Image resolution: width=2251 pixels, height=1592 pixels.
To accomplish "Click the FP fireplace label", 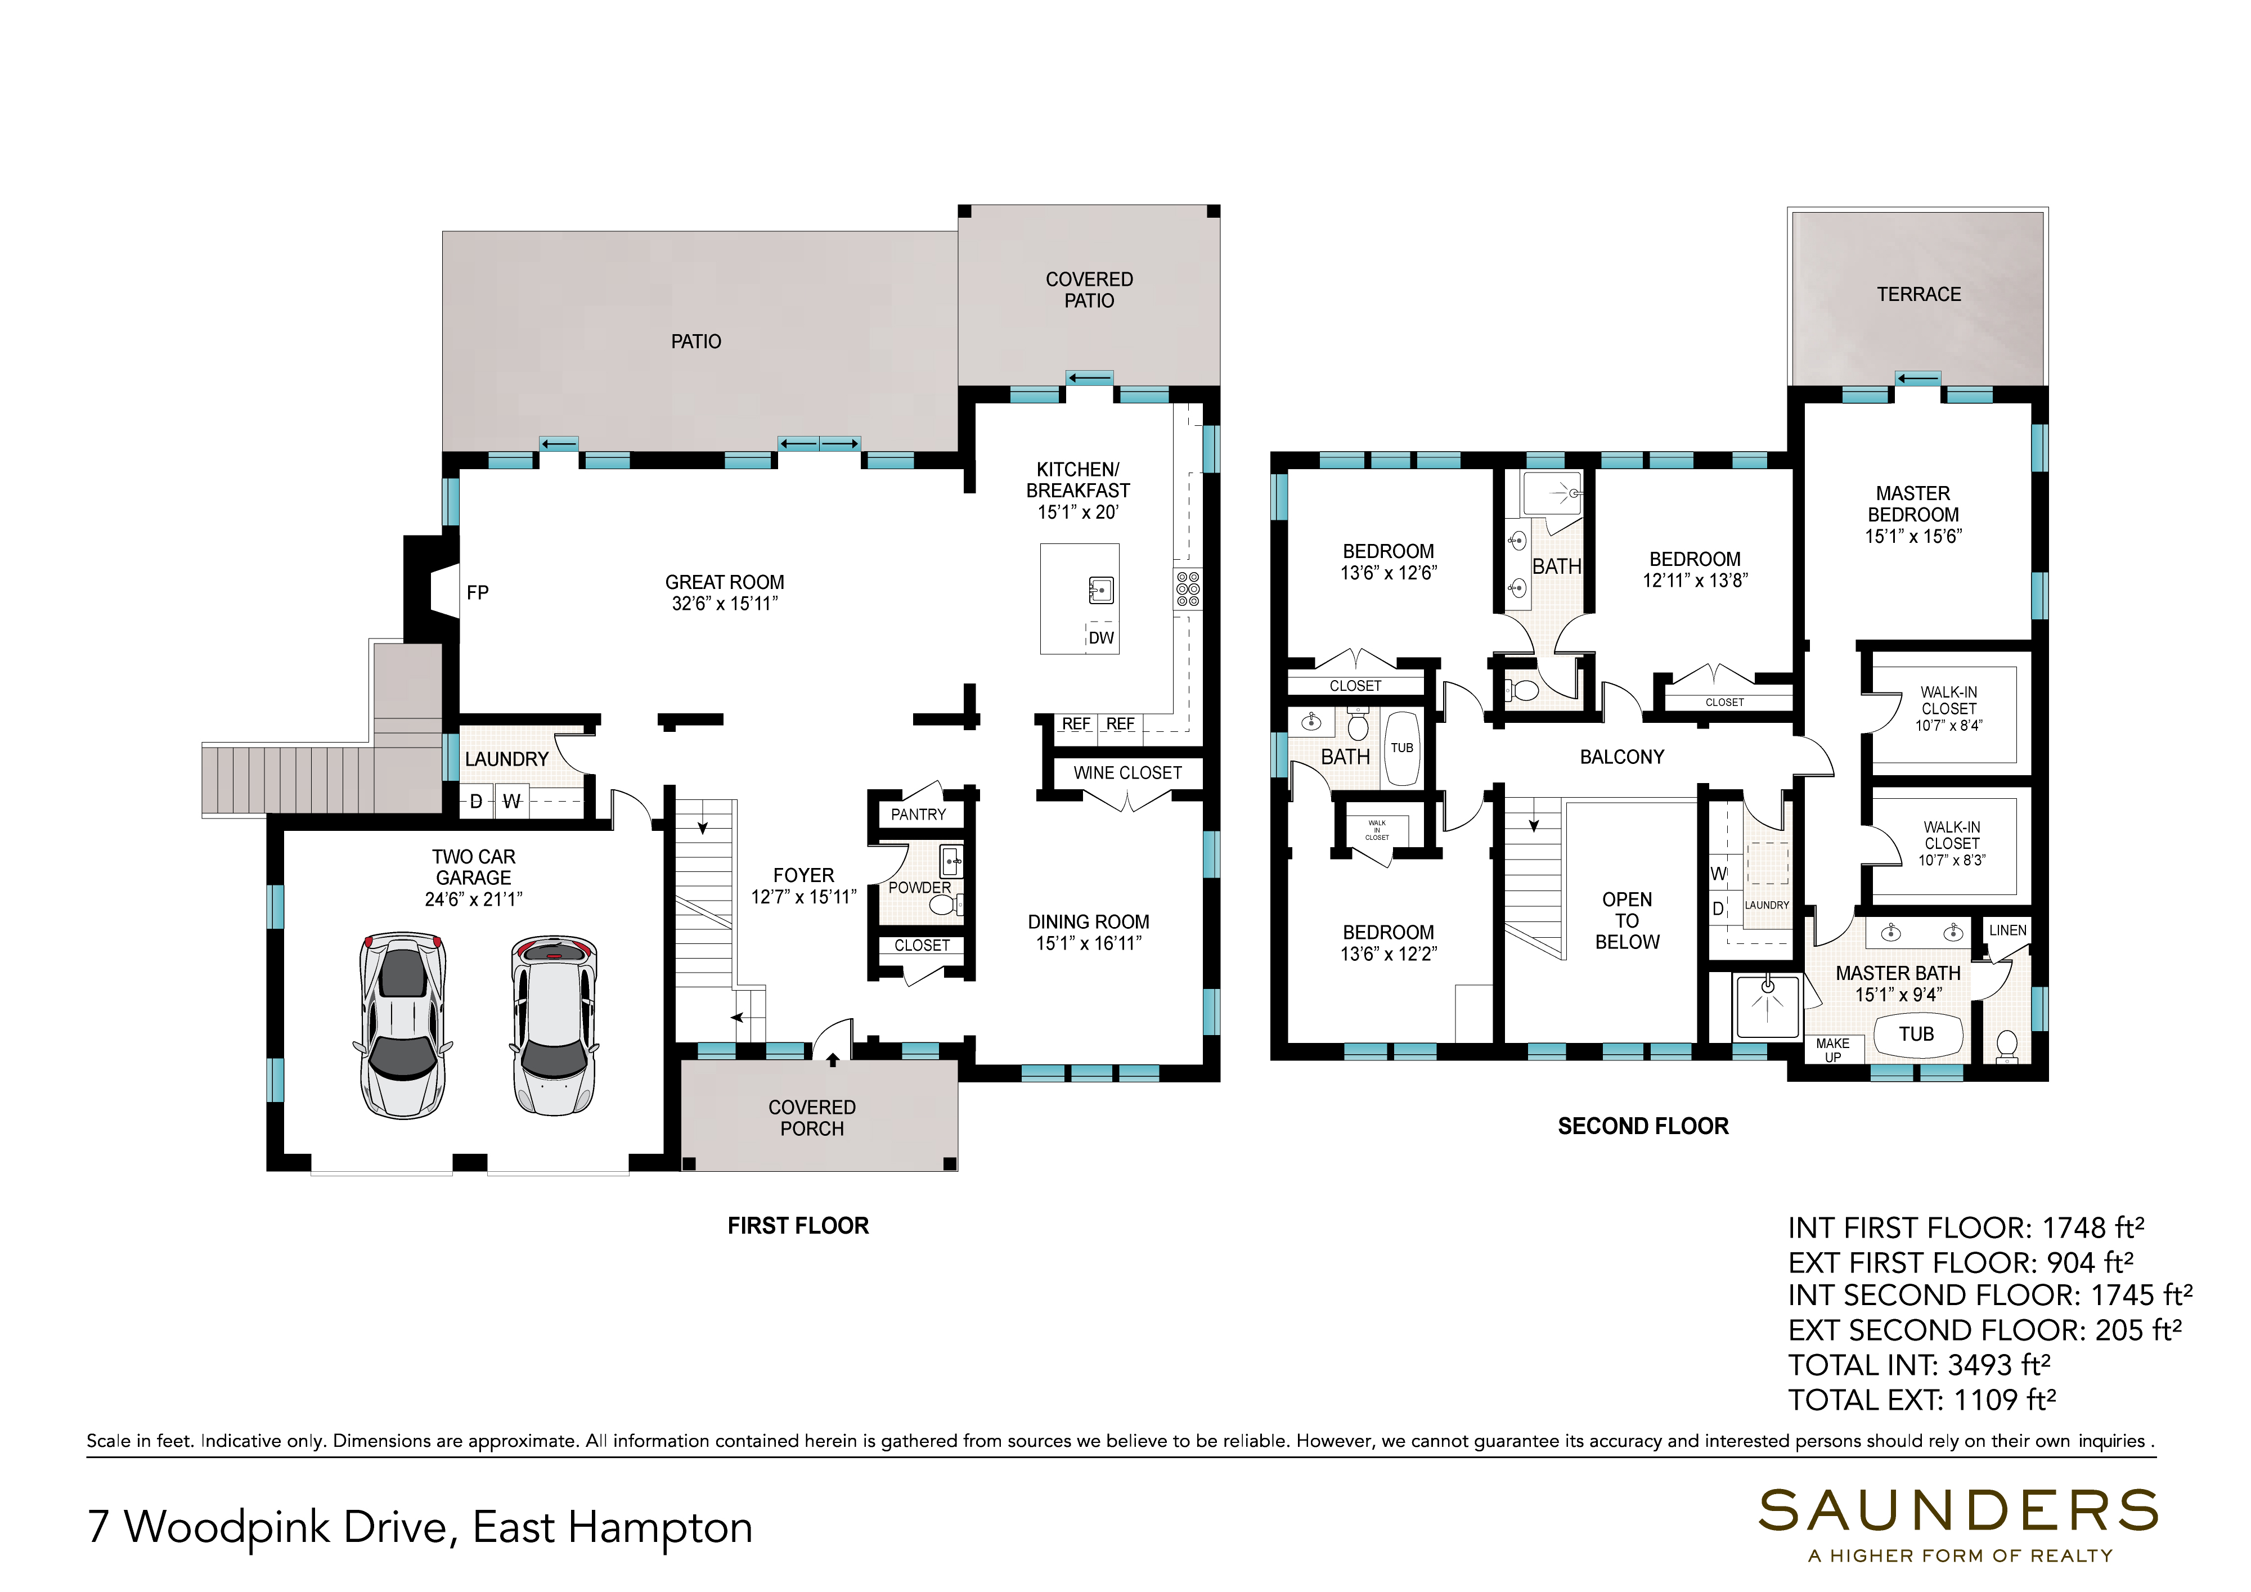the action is click(478, 593).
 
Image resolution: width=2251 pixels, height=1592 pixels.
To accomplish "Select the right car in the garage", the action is click(554, 1026).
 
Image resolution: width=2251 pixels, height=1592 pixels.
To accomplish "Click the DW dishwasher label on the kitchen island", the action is click(1101, 638).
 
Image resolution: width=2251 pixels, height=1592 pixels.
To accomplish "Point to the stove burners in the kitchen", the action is click(1187, 589).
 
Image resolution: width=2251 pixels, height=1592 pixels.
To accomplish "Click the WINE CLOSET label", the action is click(1127, 773).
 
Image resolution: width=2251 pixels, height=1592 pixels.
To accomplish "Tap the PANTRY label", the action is click(919, 815).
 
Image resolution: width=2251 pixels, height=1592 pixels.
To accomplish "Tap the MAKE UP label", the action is click(1832, 1050).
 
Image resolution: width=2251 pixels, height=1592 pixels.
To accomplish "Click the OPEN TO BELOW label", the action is click(1628, 921).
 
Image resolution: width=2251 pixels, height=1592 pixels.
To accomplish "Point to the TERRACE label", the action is click(1918, 295).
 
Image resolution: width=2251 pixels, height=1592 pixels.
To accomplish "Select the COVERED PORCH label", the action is click(812, 1118).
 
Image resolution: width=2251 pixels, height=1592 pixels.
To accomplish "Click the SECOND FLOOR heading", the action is click(1643, 1126).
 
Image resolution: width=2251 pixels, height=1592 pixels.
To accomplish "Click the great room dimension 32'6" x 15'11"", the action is click(725, 604).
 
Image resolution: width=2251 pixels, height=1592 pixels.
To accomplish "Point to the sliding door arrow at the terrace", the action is click(1918, 379).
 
